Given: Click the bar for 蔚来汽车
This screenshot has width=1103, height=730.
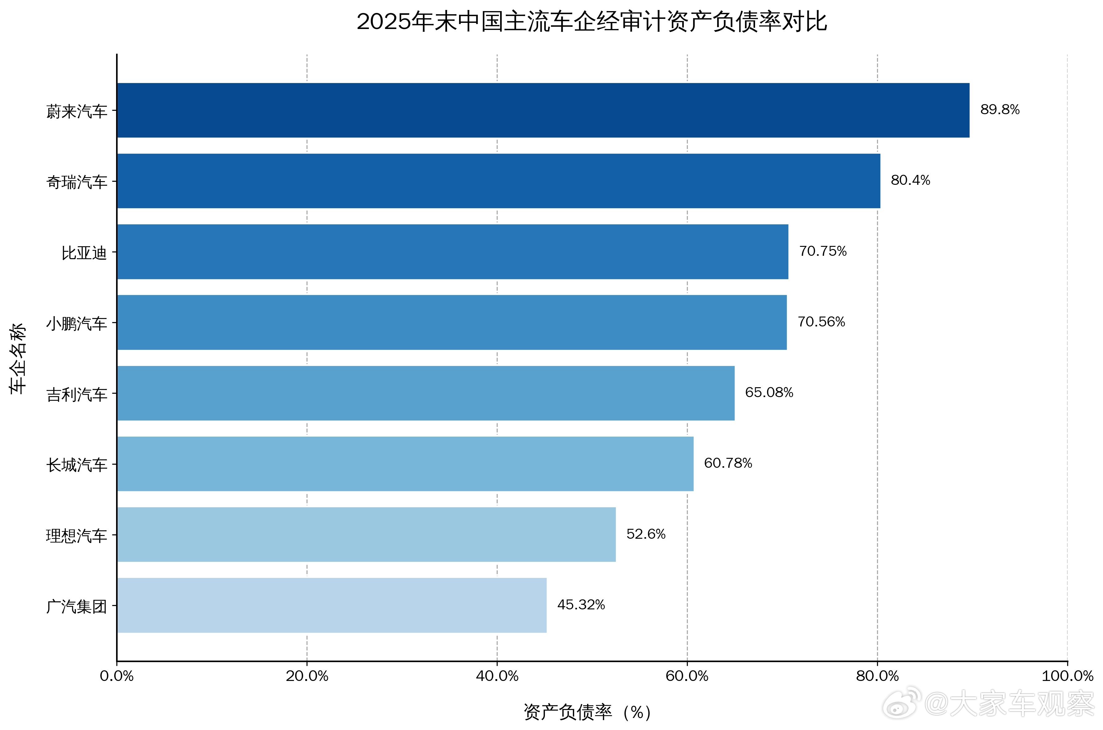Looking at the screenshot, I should [x=543, y=110].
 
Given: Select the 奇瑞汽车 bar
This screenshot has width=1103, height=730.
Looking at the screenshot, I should [x=498, y=181].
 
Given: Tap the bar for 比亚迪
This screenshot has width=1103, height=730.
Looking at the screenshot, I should [x=452, y=252].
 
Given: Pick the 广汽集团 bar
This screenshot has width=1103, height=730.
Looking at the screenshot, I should [x=332, y=605].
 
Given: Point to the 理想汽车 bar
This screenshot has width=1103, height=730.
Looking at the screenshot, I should [x=366, y=534].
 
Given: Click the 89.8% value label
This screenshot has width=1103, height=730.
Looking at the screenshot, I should [x=1000, y=110].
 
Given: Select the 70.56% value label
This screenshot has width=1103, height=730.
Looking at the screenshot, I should [x=821, y=322].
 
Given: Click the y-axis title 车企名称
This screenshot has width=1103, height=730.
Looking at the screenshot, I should [x=18, y=359].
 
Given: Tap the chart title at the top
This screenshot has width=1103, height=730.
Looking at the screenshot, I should [x=591, y=22].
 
